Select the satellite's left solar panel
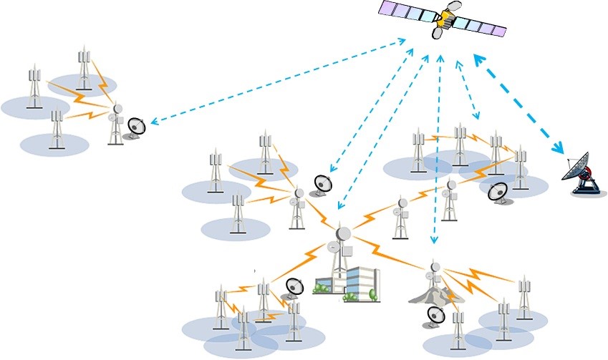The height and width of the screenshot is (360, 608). point(408,12)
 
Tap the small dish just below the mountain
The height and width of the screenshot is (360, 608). point(436,316)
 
